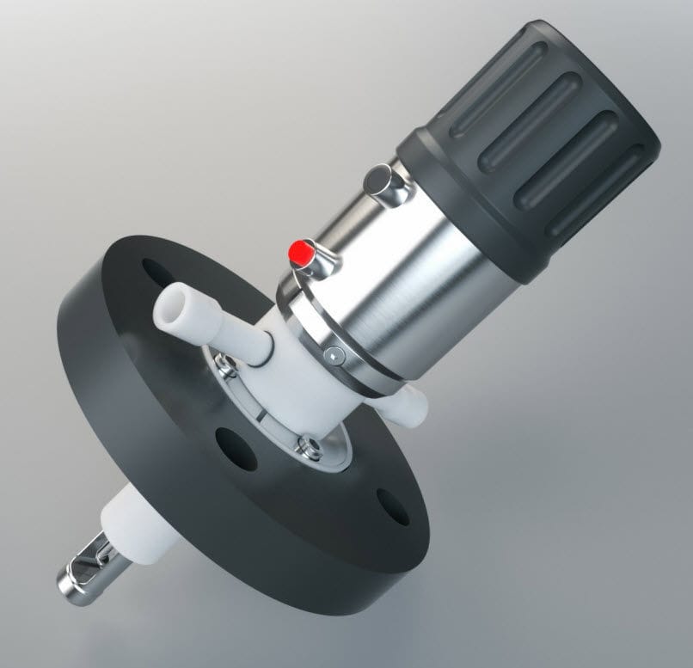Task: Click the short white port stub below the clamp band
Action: click(410, 403)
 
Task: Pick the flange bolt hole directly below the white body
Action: click(236, 447)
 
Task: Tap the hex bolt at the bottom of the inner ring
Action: click(304, 444)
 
